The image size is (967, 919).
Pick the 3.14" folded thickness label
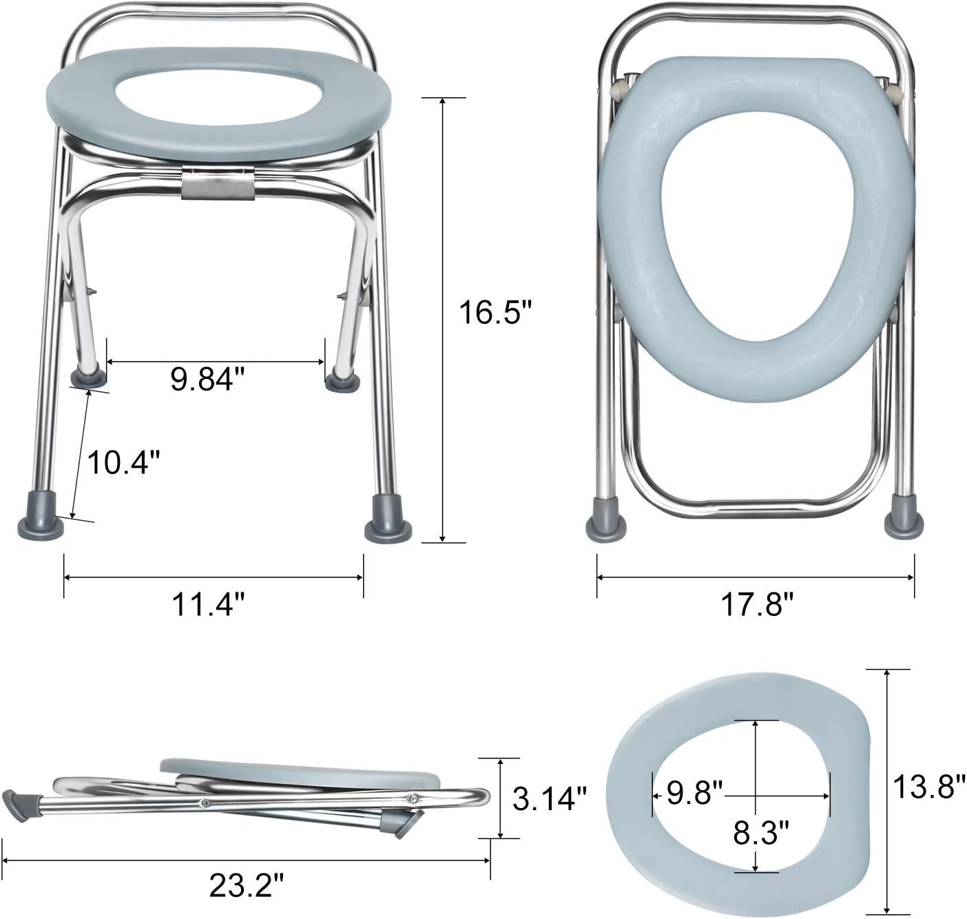pos(549,798)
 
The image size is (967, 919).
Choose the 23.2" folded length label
pos(246,883)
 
